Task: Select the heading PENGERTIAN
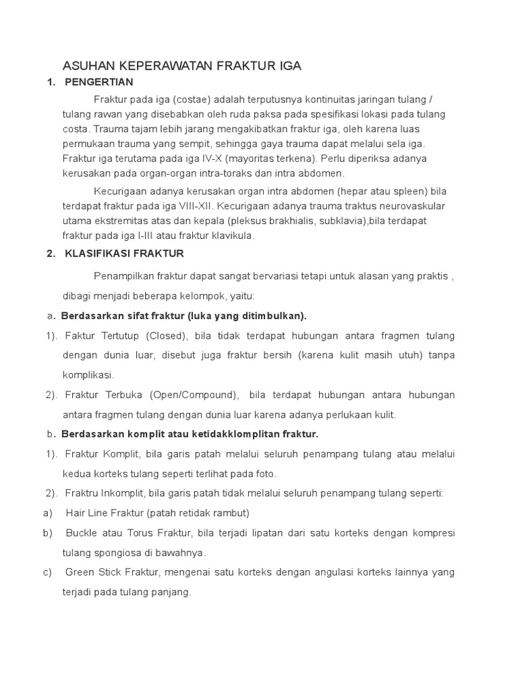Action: pyautogui.click(x=99, y=82)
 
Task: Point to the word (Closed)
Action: pyautogui.click(x=169, y=336)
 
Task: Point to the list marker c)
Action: pyautogui.click(x=48, y=572)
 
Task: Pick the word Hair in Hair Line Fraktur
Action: pyautogui.click(x=76, y=513)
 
